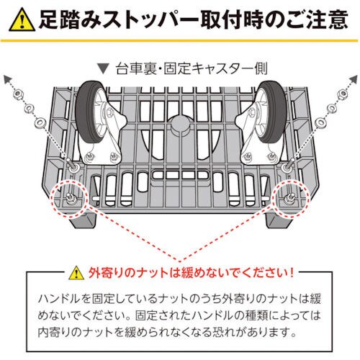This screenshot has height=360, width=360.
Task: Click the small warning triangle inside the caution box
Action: (76, 274)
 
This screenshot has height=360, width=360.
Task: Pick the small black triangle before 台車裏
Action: (104, 70)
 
